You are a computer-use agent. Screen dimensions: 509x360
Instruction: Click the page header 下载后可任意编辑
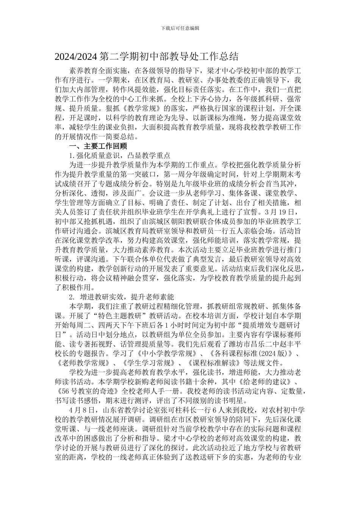click(180, 28)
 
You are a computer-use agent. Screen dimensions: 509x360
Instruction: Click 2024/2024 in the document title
click(77, 57)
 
